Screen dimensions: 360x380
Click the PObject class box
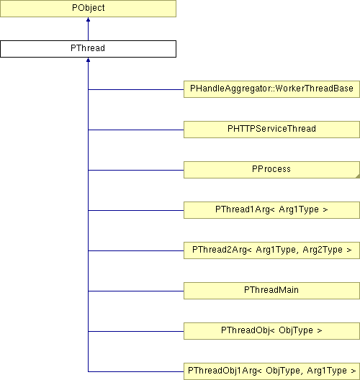click(x=88, y=9)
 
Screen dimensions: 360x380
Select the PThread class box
click(x=88, y=49)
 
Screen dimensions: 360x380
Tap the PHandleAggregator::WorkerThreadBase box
click(x=271, y=89)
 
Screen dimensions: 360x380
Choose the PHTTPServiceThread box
click(x=271, y=130)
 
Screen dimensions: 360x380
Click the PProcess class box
click(x=271, y=170)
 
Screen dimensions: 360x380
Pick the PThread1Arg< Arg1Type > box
click(x=271, y=210)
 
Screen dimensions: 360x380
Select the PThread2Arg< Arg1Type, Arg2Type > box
click(x=271, y=250)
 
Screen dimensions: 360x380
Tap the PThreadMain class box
click(x=271, y=291)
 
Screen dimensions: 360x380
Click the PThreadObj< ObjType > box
click(x=271, y=331)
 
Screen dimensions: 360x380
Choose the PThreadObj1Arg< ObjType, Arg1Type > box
click(x=271, y=371)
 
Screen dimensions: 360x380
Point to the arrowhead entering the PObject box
click(x=88, y=19)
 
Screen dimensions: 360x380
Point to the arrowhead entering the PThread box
click(x=88, y=60)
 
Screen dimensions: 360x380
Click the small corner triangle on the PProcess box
click(x=358, y=176)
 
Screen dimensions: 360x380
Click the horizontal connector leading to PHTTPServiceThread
click(x=136, y=130)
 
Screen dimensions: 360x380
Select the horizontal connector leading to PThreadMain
click(x=136, y=291)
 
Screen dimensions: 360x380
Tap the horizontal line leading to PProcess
click(x=136, y=170)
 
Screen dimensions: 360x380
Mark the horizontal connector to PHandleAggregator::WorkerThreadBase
click(x=136, y=90)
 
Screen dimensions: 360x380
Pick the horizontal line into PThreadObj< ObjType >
click(x=136, y=331)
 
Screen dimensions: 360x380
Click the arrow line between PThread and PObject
click(x=88, y=29)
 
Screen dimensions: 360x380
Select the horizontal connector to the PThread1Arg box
click(x=136, y=210)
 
